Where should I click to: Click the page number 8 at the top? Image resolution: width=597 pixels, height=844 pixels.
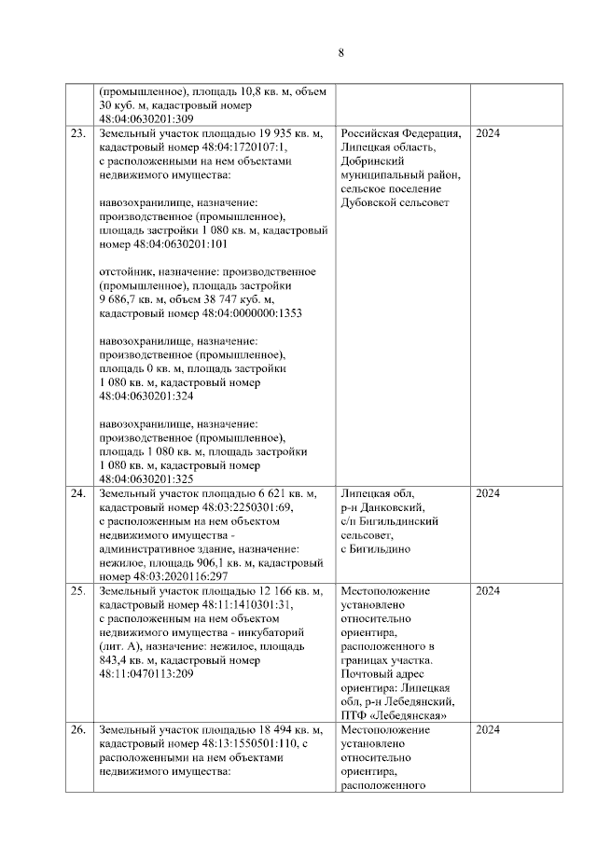pyautogui.click(x=341, y=53)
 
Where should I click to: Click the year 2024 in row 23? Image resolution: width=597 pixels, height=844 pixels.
pyautogui.click(x=488, y=133)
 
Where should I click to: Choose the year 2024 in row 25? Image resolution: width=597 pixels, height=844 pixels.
pyautogui.click(x=488, y=591)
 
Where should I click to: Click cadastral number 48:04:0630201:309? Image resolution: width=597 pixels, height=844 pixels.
pyautogui.click(x=146, y=119)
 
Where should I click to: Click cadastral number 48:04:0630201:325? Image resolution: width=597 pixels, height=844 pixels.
pyautogui.click(x=146, y=478)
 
